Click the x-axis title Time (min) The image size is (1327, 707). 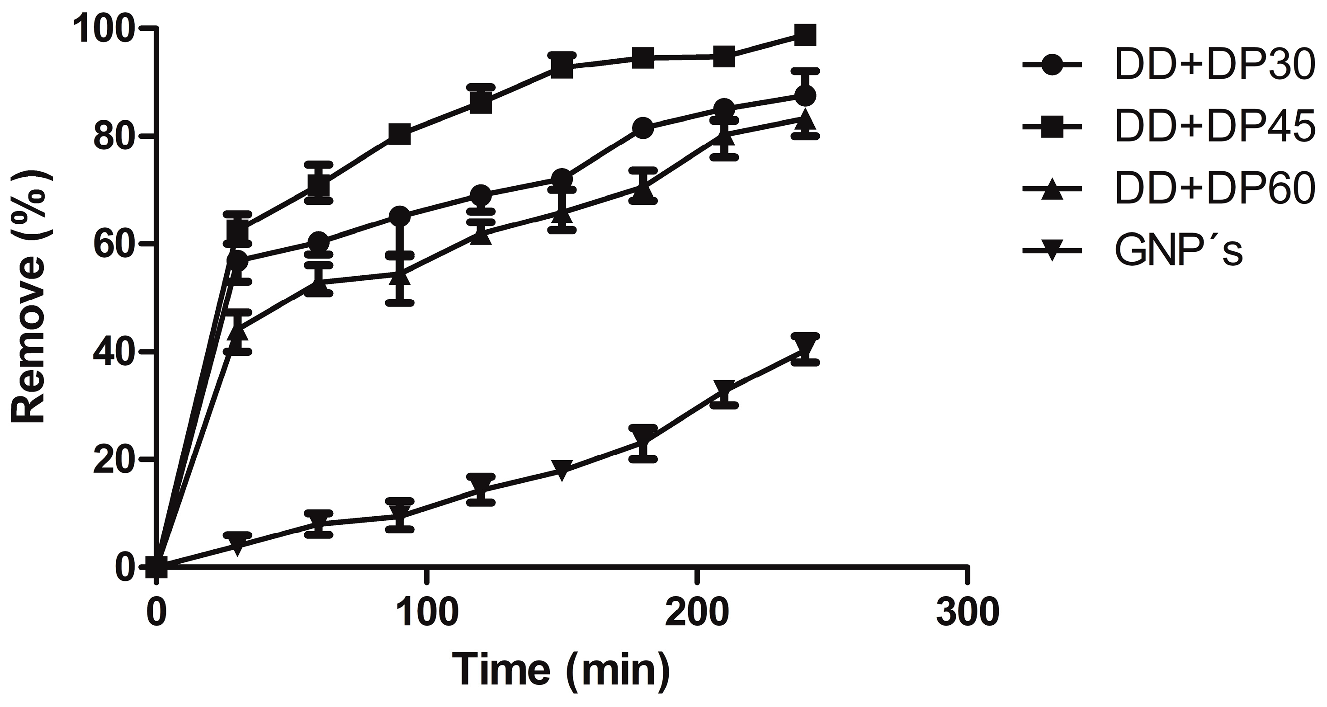[562, 669]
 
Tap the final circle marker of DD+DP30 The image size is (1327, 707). [805, 96]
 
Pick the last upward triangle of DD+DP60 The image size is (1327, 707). [805, 119]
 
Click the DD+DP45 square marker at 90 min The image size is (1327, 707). [400, 134]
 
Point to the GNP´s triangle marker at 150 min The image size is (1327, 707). [562, 470]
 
